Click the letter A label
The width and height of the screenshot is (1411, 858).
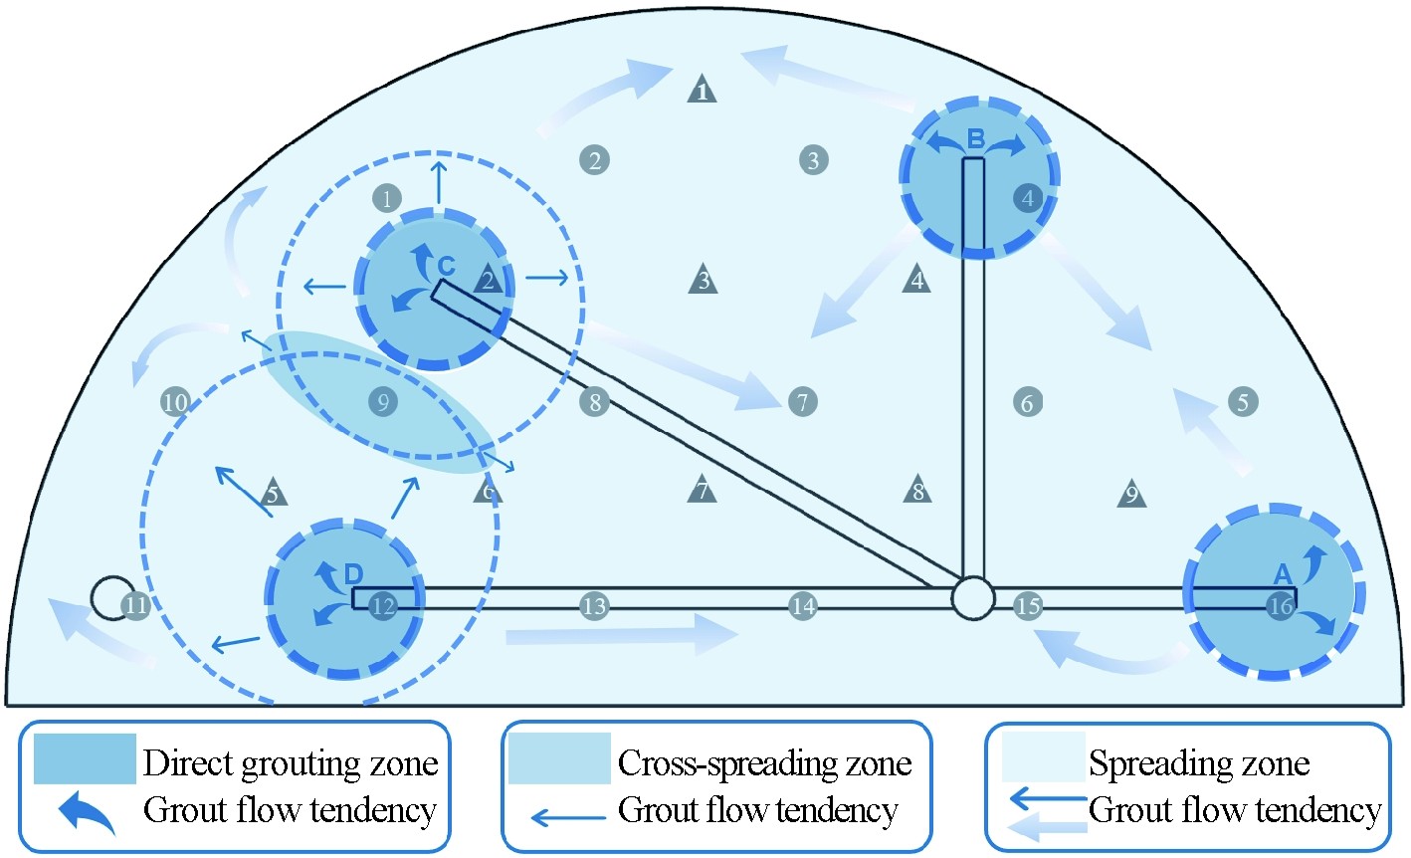click(x=1283, y=573)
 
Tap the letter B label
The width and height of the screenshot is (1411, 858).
click(x=976, y=138)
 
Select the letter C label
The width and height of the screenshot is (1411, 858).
click(x=447, y=266)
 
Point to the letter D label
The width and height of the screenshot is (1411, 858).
click(x=353, y=573)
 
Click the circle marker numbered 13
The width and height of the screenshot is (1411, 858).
click(x=594, y=605)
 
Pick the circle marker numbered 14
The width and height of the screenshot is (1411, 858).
click(x=802, y=605)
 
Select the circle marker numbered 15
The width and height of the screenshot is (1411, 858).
click(x=1028, y=605)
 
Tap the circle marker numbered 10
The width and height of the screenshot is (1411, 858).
click(x=175, y=402)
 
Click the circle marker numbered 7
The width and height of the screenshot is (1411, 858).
click(x=802, y=402)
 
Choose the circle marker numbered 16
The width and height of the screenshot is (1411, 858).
click(x=1281, y=605)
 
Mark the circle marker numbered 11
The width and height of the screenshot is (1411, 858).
click(x=136, y=604)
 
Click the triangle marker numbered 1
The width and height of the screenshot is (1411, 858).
click(x=703, y=91)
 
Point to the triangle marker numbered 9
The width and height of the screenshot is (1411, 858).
click(x=1130, y=493)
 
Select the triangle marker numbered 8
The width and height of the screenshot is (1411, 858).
click(x=917, y=491)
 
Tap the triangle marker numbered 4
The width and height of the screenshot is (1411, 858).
click(x=917, y=281)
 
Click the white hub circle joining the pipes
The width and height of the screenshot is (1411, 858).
click(x=972, y=597)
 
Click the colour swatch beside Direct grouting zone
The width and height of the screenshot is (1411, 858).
click(x=85, y=759)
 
